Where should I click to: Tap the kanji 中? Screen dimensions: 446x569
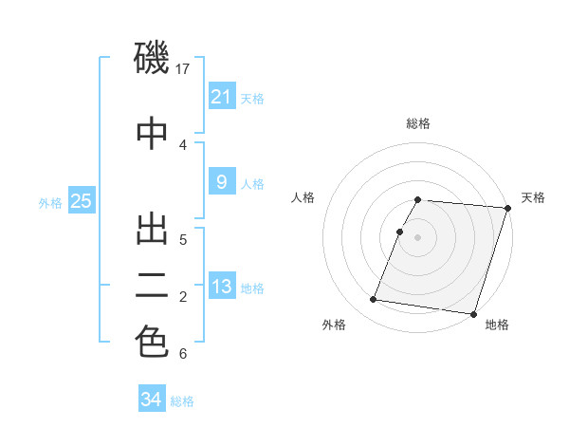coord(153,133)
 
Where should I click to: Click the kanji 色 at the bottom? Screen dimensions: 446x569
coord(153,343)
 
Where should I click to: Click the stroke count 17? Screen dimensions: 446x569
coord(185,69)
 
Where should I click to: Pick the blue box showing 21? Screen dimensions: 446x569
coord(221,96)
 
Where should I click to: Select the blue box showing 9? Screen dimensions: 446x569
coord(221,182)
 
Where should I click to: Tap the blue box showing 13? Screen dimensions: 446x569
coord(221,287)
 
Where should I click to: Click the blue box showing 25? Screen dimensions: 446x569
coord(81,200)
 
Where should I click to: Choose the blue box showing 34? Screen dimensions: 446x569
coord(152,400)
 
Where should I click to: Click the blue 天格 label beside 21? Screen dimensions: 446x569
coord(252,98)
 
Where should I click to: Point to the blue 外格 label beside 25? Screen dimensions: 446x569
coord(50,202)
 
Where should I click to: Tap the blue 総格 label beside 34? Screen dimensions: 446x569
coord(182,401)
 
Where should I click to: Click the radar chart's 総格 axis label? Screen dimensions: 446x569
coord(417,123)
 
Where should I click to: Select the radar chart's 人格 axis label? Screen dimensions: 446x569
coord(303,197)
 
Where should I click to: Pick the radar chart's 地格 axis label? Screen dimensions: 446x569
coord(497,325)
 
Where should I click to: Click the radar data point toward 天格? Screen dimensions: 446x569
coord(507,208)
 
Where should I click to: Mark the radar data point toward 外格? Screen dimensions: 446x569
coord(373,300)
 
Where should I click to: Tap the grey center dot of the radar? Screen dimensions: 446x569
coord(417,236)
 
